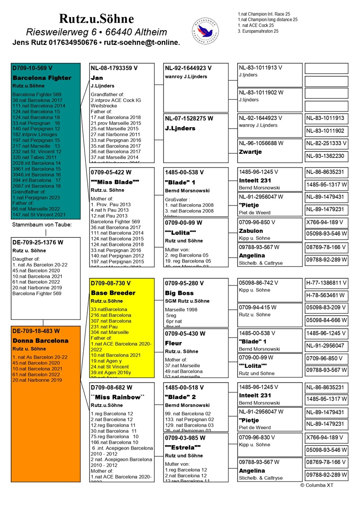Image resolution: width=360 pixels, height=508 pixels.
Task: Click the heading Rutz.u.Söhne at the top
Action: [x=96, y=18]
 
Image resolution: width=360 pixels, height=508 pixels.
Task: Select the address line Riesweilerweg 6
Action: [x=96, y=32]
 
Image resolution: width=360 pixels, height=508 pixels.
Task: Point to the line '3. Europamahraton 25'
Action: [x=258, y=31]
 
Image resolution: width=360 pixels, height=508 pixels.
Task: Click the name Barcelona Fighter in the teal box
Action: [x=42, y=78]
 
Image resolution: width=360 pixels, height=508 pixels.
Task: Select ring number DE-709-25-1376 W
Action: [x=38, y=242]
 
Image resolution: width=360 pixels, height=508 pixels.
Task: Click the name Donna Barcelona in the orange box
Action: [x=40, y=340]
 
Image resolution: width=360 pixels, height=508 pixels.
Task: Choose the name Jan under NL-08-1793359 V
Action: [x=97, y=78]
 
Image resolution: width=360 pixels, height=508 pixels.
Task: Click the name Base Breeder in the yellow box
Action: [x=113, y=293]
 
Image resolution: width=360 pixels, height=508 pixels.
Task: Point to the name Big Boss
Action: [x=179, y=293]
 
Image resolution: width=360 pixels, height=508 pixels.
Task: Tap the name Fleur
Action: [x=173, y=343]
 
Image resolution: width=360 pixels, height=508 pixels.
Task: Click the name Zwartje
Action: [x=250, y=152]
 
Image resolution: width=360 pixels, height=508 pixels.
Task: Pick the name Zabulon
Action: [x=251, y=231]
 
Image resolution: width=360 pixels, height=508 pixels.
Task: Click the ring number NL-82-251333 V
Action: [x=326, y=143]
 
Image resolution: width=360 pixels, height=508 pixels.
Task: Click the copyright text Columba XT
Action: [x=317, y=486]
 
